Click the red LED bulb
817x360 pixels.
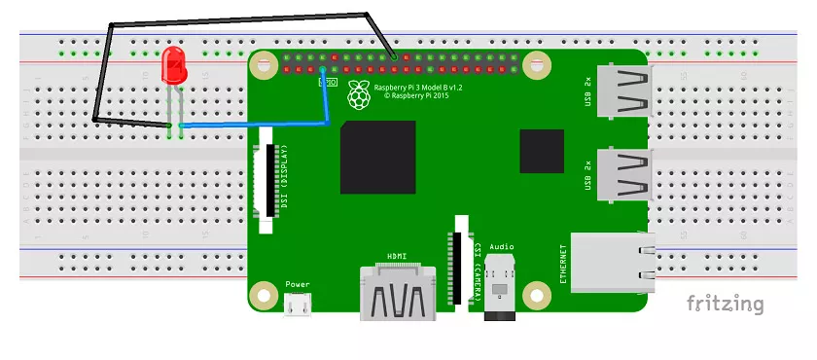click(x=175, y=65)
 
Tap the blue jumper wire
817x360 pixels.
click(x=253, y=125)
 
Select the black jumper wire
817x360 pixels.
click(x=233, y=20)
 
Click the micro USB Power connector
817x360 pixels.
click(x=298, y=306)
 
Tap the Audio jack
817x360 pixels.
click(x=502, y=288)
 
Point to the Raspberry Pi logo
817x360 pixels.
click(x=360, y=94)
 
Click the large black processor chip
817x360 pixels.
click(x=378, y=158)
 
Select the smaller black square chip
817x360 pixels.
click(x=542, y=152)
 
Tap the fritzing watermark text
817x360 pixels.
click(x=726, y=304)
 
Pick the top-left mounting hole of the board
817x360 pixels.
click(x=262, y=66)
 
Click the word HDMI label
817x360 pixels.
click(x=398, y=256)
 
